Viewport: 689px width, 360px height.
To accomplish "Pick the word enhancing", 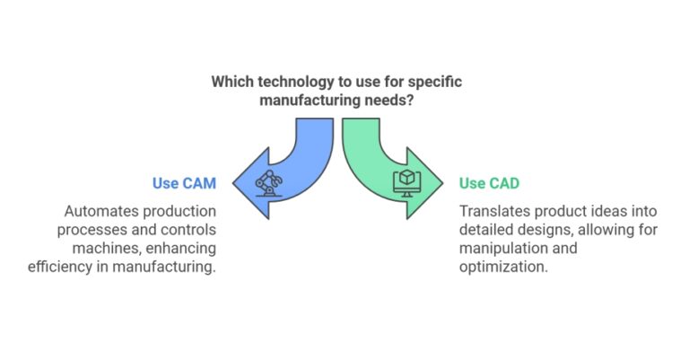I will pyautogui.click(x=176, y=249).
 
